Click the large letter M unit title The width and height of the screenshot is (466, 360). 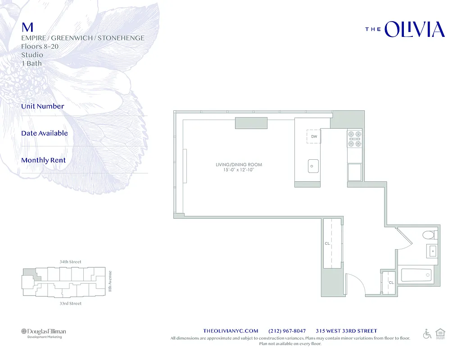tap(27, 27)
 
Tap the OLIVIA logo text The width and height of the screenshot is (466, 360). tap(415, 30)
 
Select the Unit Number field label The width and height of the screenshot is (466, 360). tap(43, 106)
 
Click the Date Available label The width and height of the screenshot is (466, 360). tap(45, 133)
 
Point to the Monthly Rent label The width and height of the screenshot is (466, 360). tap(43, 160)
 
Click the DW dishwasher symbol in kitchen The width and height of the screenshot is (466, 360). tap(314, 136)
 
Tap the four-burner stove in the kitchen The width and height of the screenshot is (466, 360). tap(354, 139)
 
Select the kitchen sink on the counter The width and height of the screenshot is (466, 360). tap(313, 166)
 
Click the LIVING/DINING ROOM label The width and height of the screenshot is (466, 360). tap(239, 165)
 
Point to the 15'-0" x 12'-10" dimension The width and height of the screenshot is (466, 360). tap(239, 170)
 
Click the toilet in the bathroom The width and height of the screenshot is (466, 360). tap(430, 234)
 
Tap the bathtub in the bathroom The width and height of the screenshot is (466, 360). tap(416, 275)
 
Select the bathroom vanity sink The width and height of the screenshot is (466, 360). tap(432, 251)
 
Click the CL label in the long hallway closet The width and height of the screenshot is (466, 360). tap(327, 243)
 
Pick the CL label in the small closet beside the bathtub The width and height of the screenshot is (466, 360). tap(391, 283)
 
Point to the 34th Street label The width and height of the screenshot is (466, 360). tap(70, 262)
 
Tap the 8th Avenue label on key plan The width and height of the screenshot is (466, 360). tap(109, 281)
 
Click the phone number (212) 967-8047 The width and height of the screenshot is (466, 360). tap(287, 331)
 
